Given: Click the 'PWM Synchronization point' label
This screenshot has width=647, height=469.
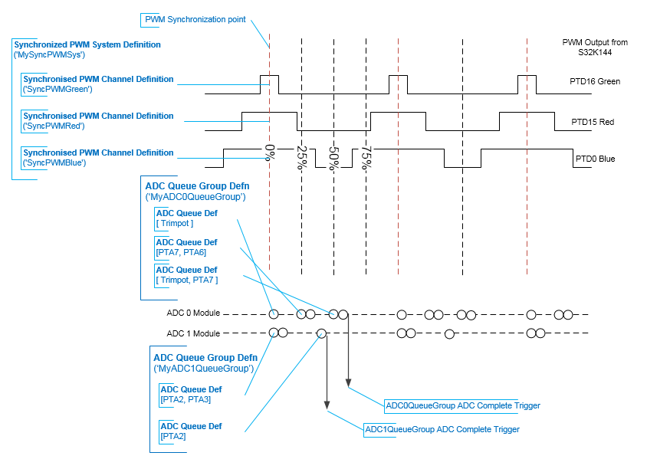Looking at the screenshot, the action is tap(195, 19).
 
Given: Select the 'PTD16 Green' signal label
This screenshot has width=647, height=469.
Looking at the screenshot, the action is tap(595, 81).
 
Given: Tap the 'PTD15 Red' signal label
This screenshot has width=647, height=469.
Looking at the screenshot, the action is tap(593, 122).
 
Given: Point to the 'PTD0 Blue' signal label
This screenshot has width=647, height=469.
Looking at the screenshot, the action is tap(595, 159).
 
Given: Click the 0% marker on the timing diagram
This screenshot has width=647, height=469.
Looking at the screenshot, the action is tap(270, 153).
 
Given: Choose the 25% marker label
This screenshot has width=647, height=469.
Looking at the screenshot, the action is tap(302, 157).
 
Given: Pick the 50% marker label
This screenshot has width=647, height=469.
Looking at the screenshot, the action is tap(333, 158).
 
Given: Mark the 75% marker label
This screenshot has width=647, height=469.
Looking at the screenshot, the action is tap(366, 157).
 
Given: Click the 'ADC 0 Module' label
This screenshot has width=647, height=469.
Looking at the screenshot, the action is tap(193, 313).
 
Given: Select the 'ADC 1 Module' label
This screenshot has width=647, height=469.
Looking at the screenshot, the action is tap(193, 333).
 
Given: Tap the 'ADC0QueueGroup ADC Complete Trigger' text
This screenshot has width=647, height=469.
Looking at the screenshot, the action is tap(462, 405).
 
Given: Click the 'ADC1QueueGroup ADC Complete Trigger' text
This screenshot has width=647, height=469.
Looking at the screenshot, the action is tap(442, 429).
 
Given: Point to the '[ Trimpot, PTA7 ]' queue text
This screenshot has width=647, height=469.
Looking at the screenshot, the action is tap(187, 280).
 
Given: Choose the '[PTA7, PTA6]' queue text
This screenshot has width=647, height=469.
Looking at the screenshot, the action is tap(181, 252).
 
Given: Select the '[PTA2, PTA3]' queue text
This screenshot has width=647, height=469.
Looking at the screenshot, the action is tap(186, 399).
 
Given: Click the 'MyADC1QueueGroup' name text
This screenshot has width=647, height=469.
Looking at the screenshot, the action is tap(204, 369).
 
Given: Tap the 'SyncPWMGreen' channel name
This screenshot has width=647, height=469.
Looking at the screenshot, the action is tap(57, 89).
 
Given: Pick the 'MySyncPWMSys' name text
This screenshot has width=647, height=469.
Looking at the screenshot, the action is tap(49, 54).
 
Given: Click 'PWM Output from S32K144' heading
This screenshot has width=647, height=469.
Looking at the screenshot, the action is tap(595, 47).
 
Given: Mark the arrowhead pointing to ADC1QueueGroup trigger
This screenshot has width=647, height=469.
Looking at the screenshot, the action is tap(327, 405).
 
